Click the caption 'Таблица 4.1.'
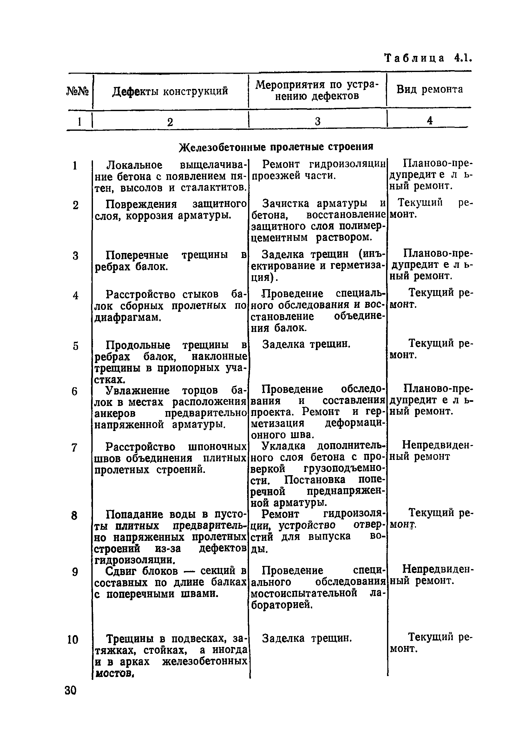(428, 58)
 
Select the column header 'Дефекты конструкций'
(170, 91)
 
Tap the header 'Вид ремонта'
(430, 90)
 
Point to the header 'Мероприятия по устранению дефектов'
(317, 90)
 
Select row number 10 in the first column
(73, 639)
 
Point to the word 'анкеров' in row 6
(113, 414)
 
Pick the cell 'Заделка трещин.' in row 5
(306, 344)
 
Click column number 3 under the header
(317, 122)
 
